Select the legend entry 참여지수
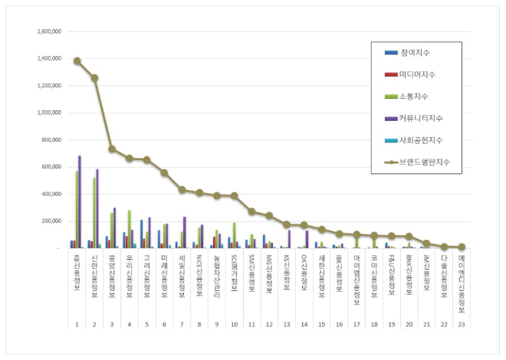click(415, 53)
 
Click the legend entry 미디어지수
click(418, 74)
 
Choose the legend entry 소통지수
click(415, 97)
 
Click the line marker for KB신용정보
click(77, 61)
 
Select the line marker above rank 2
click(94, 77)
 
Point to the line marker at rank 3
click(112, 149)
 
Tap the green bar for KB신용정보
click(77, 209)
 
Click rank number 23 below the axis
click(461, 324)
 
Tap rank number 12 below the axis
click(269, 324)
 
